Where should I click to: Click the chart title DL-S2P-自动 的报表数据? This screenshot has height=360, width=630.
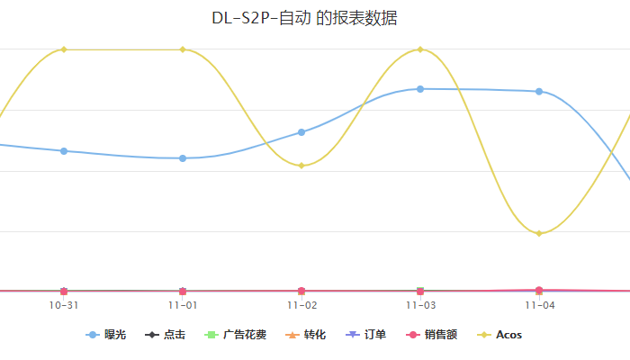click(304, 18)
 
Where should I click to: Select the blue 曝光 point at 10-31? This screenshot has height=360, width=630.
click(64, 151)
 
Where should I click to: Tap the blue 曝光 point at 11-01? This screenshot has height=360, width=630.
click(183, 158)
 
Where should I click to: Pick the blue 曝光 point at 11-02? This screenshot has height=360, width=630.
click(301, 132)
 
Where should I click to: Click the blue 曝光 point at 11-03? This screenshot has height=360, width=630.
click(420, 89)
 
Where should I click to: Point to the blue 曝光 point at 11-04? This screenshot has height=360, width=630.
click(539, 92)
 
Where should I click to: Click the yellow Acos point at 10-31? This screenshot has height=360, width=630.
click(64, 49)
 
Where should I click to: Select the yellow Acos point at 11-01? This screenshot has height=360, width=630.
click(183, 49)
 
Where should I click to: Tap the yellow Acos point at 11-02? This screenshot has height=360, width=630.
click(301, 166)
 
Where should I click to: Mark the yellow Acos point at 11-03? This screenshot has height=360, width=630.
click(420, 49)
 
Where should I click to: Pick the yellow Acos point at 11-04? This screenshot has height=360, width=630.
click(539, 234)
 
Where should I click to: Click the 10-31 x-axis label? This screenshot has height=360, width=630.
click(64, 305)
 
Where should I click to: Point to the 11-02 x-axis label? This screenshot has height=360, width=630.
click(301, 305)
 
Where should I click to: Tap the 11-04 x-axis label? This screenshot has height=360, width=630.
click(539, 305)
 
